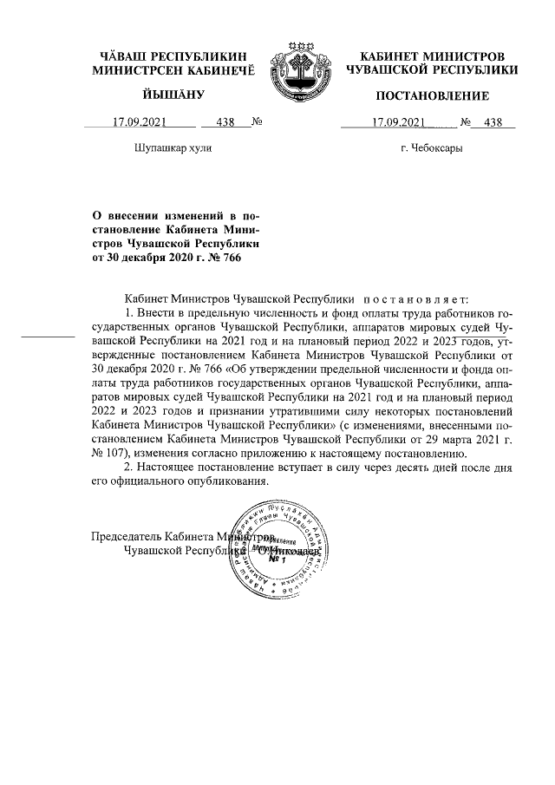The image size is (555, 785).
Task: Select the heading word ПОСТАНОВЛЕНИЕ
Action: pyautogui.click(x=432, y=95)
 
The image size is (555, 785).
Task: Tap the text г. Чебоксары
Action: pyautogui.click(x=431, y=148)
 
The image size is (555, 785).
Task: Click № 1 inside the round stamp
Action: pyautogui.click(x=277, y=559)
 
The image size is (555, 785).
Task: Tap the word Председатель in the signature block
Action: pyautogui.click(x=127, y=536)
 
